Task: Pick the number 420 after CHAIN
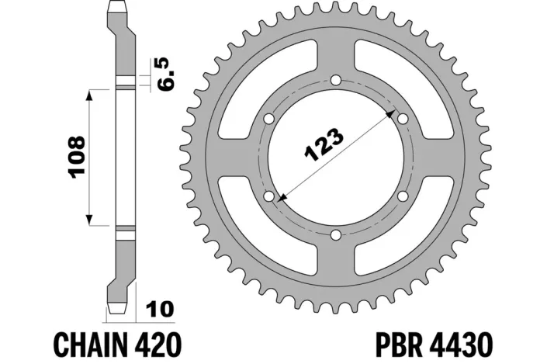pos(161,341)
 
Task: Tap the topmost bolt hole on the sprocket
pos(335,80)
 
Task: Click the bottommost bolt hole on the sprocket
pos(335,235)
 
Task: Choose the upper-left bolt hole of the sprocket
pos(268,119)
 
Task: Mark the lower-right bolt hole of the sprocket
pos(402,196)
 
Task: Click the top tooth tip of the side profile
pos(117,6)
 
